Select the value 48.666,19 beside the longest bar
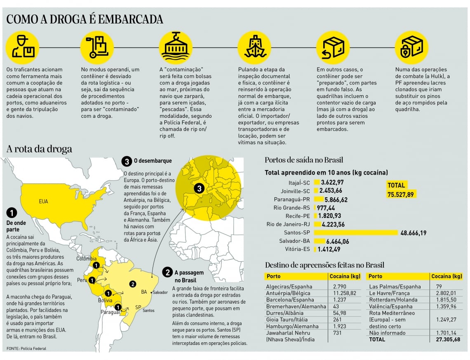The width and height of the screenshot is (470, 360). point(413,233)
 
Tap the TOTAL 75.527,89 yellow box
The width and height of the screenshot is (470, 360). point(401,189)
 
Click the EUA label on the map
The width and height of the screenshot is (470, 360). point(43,201)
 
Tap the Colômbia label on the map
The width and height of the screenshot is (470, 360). point(86,259)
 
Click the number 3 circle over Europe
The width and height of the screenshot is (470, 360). point(200,189)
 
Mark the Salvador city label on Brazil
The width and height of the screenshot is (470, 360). point(160,292)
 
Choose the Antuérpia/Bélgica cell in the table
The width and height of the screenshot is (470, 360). point(289,293)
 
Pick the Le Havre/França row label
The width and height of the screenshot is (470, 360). point(389,293)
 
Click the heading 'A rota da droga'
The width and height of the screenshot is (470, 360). point(39,149)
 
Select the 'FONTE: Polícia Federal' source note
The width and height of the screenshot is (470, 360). point(26,348)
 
